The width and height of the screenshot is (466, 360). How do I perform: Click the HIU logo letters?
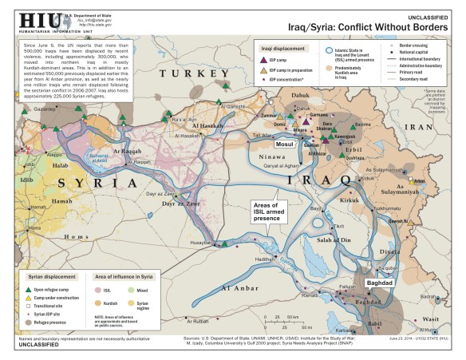coord(18,18)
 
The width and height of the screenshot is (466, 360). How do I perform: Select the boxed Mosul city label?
coord(284,121)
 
